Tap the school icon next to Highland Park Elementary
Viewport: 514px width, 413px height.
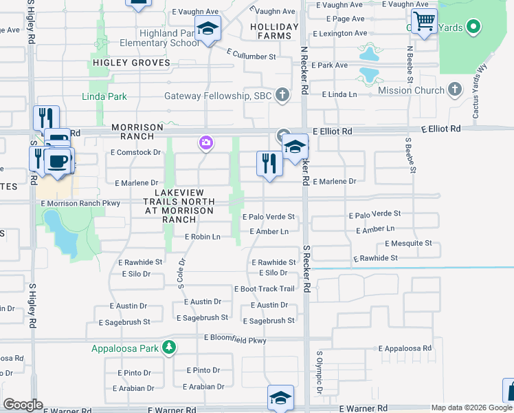click(x=207, y=28)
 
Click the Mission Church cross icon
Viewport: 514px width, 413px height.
click(x=454, y=89)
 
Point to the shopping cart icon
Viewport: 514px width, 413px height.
click(x=425, y=22)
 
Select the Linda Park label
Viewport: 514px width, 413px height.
click(x=104, y=96)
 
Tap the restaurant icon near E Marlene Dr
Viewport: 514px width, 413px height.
click(x=269, y=164)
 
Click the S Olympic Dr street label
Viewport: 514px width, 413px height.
click(x=320, y=373)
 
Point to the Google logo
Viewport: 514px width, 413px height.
click(x=23, y=405)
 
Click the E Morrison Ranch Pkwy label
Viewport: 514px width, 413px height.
click(x=80, y=204)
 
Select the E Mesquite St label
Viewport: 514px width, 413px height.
click(x=408, y=244)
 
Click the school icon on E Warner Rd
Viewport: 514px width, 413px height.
click(x=280, y=398)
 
